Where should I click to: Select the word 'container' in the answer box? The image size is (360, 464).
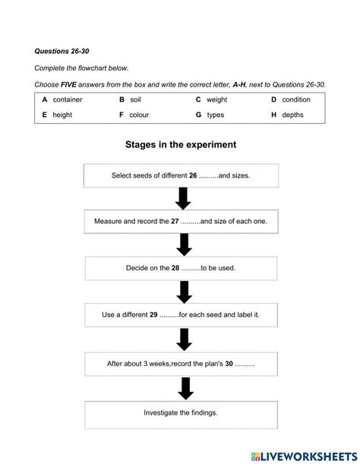(68, 99)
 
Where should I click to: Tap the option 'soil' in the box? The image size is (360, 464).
(135, 99)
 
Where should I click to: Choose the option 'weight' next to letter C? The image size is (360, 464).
(216, 99)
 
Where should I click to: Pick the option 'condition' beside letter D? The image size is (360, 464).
(296, 99)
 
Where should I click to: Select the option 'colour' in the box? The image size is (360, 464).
(139, 115)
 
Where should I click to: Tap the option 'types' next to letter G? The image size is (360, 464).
(215, 115)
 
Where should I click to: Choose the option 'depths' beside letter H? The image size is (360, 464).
(292, 115)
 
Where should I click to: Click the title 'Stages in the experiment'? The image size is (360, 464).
(181, 144)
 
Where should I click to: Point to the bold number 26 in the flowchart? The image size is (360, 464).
(193, 175)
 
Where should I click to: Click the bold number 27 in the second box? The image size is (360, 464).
(175, 222)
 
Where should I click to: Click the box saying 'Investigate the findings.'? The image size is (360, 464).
(181, 413)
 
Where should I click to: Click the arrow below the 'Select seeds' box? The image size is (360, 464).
(182, 199)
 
